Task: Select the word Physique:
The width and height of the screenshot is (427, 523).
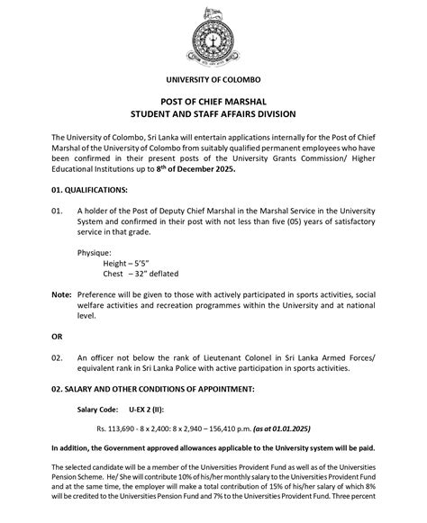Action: point(97,254)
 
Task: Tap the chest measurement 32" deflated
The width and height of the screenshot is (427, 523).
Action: point(153,276)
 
